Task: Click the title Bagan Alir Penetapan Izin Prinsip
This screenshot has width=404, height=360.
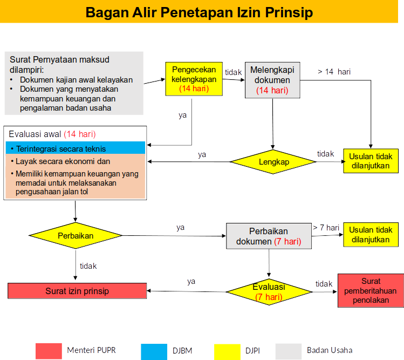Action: [x=199, y=12]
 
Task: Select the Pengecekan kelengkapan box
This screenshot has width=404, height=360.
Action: [x=194, y=79]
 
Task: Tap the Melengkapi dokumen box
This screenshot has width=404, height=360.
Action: [x=272, y=80]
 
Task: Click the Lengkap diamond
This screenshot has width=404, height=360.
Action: [x=273, y=162]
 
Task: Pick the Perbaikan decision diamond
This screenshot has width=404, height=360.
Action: [x=76, y=236]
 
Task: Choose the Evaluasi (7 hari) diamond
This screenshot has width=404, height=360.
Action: [x=269, y=292]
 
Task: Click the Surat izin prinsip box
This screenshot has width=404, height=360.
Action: [x=77, y=291]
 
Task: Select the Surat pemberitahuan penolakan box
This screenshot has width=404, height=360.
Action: [x=371, y=290]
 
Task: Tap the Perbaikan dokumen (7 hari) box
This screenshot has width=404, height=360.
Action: [x=269, y=236]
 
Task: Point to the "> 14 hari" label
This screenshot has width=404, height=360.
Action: [x=334, y=71]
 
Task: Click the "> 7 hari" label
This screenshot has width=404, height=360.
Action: [x=326, y=227]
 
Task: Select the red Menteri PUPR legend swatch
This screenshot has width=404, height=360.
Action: [x=49, y=351]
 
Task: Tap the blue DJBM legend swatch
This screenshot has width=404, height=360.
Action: [x=154, y=351]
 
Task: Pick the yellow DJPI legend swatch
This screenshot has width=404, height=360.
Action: [x=227, y=351]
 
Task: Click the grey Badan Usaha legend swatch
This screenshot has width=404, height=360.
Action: [x=289, y=351]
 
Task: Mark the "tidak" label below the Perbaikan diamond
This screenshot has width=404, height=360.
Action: [x=88, y=266]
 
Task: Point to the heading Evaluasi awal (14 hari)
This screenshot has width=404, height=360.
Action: [x=52, y=133]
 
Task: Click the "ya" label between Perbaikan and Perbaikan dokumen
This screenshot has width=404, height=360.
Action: [x=181, y=227]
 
